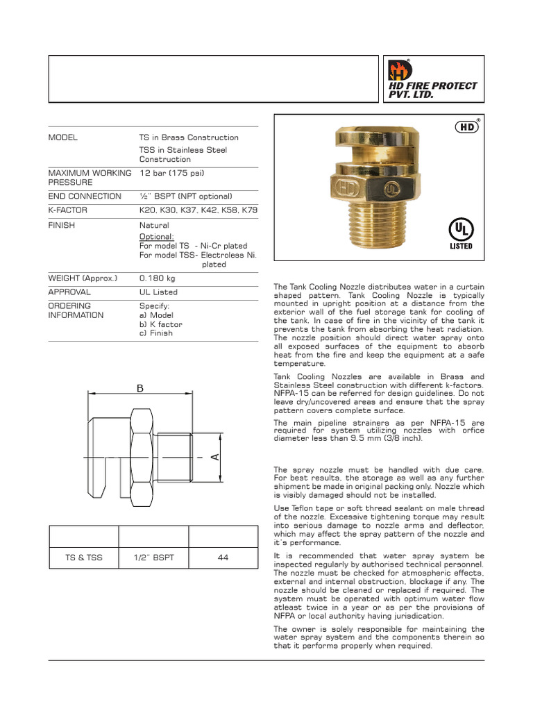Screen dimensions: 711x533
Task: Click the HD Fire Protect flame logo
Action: point(400,70)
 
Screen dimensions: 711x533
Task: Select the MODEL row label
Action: point(63,137)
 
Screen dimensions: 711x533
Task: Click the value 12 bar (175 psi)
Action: point(171,172)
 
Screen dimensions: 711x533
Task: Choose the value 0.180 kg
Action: point(159,278)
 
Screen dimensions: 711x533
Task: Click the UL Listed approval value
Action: point(158,292)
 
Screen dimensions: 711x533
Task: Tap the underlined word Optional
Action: point(156,236)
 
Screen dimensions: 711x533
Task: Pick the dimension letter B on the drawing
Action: point(139,389)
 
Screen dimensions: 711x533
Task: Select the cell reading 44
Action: point(223,558)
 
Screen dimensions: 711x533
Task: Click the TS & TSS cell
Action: point(83,558)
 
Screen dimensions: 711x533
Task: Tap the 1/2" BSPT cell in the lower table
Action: point(153,558)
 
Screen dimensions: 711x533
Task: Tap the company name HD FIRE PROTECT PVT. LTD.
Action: point(432,90)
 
